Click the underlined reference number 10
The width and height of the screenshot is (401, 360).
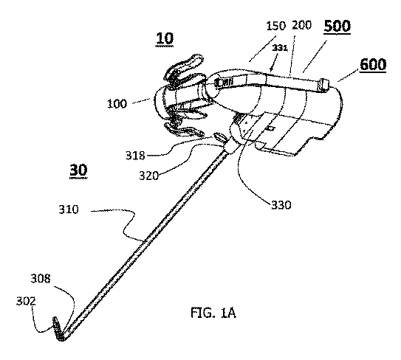165,38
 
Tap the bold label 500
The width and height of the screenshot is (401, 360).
337,26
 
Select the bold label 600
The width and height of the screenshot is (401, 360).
373,64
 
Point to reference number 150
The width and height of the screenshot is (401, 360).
275,26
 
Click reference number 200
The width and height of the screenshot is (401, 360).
302,25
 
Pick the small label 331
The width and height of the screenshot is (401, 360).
280,48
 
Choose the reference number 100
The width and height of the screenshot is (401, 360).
117,104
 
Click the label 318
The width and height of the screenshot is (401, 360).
135,156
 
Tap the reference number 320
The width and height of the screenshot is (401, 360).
148,176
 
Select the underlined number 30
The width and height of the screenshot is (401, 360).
78,170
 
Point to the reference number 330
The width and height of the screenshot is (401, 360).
281,205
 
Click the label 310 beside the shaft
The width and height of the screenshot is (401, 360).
69,210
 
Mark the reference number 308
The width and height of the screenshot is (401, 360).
41,279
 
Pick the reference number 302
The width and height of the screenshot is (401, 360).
26,302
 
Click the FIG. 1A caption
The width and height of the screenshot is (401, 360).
213,313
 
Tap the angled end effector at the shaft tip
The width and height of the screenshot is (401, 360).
58,329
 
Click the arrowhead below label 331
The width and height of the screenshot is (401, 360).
272,69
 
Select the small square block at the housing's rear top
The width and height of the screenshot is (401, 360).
323,85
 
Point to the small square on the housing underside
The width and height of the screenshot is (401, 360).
271,128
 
